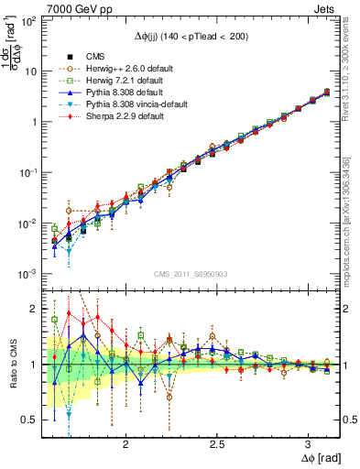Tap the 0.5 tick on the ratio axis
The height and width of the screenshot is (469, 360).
click(30, 420)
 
